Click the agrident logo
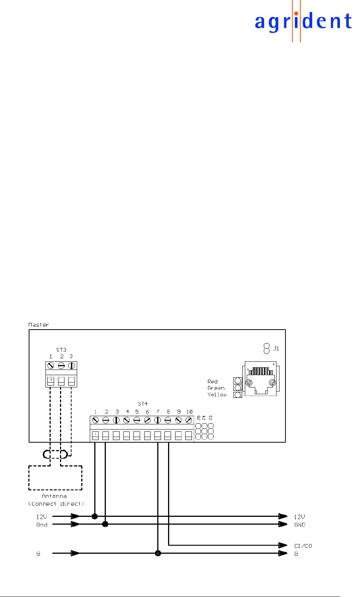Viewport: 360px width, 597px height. click(x=303, y=21)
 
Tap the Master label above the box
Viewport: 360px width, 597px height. click(x=38, y=325)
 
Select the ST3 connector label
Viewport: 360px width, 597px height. click(x=61, y=350)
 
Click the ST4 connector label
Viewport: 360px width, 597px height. click(x=143, y=404)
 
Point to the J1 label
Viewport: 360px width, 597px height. click(x=276, y=349)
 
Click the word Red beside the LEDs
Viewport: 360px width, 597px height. click(x=212, y=381)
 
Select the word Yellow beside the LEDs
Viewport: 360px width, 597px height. click(x=217, y=395)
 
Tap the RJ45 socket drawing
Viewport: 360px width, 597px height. click(x=261, y=378)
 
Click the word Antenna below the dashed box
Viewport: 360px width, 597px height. click(x=54, y=496)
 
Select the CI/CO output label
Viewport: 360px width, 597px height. click(x=303, y=546)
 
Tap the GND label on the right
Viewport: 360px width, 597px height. click(x=300, y=525)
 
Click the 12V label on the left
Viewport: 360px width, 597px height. click(x=41, y=517)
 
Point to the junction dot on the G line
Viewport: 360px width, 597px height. click(x=158, y=553)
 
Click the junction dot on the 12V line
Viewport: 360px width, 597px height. click(x=95, y=516)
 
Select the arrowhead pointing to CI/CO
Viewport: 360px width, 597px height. click(x=283, y=545)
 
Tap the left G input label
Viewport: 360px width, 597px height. click(x=38, y=554)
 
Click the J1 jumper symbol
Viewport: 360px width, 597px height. click(x=266, y=349)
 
